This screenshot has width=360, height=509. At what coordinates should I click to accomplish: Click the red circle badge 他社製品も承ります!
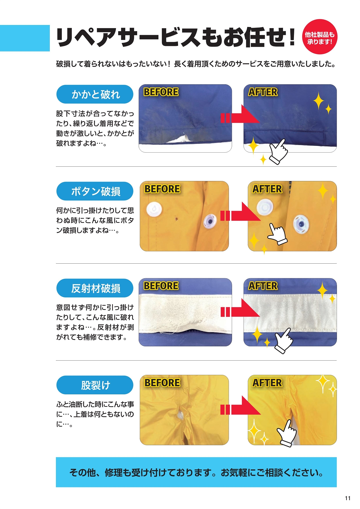(319, 37)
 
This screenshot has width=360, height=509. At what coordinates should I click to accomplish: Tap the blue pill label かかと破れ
(95, 94)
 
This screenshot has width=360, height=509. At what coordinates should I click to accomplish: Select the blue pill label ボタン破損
(95, 191)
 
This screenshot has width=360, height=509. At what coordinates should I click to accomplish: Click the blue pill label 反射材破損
(95, 288)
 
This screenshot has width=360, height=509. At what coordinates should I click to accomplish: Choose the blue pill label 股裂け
(95, 385)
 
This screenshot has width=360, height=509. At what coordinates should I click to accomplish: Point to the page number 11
(348, 498)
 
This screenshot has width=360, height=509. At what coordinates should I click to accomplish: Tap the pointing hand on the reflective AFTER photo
(283, 341)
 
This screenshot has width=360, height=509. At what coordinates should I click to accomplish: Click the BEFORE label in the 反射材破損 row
(161, 286)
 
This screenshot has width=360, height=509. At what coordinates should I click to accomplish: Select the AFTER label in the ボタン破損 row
(267, 189)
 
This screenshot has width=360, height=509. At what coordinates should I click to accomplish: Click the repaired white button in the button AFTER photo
(265, 207)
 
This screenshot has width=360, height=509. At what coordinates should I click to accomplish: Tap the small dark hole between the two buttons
(177, 218)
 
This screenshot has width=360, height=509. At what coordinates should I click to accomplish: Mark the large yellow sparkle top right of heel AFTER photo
(319, 100)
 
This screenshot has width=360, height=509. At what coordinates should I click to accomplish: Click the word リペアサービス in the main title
(128, 37)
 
